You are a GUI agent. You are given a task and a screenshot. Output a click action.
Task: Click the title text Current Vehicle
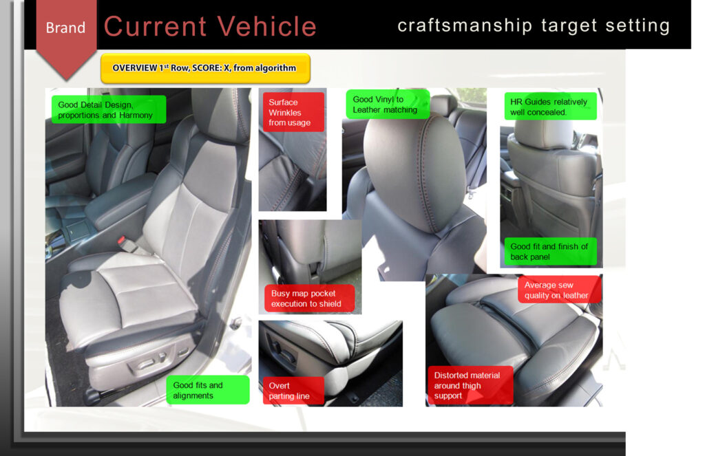point(211,26)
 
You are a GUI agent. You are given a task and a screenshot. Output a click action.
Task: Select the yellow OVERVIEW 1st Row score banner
point(205,68)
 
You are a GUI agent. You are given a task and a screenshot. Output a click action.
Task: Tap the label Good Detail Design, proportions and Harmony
point(109,109)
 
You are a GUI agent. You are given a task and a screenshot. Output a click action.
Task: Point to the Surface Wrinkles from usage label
point(293,112)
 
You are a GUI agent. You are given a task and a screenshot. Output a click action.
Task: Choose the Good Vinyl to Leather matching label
point(388,105)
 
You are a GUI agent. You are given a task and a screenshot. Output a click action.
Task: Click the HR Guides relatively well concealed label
point(550,107)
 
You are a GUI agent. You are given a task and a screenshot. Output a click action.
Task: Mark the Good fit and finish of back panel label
point(550,252)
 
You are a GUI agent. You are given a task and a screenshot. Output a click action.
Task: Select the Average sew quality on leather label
point(559,290)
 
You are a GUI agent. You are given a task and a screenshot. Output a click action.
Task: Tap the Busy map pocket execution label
point(309,298)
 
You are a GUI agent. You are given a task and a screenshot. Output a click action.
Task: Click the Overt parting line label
point(293,391)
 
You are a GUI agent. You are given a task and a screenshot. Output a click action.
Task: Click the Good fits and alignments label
point(208,390)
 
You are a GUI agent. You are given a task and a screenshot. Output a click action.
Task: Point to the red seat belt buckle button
point(121,240)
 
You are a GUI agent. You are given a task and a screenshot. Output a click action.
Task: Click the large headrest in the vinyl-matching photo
point(414,172)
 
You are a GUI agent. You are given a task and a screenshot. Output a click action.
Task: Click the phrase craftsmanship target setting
point(534,25)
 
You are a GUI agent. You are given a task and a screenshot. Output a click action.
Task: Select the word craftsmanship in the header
point(465,25)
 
